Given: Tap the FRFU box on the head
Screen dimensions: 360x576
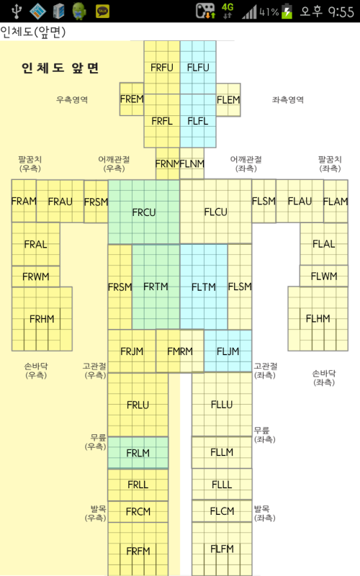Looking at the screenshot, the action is coord(161,67).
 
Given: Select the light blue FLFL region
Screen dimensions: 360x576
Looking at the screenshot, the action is coord(198,121).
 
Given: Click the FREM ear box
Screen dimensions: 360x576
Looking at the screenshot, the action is coord(132,99).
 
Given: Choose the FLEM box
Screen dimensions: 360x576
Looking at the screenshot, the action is coord(228,100).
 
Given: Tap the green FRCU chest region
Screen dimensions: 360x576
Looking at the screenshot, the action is coord(144,212).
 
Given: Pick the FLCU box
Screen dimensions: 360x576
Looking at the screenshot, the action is coord(215,212).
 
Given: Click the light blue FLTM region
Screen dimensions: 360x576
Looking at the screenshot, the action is coord(204,287).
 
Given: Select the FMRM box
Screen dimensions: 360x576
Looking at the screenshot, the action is coord(179,351).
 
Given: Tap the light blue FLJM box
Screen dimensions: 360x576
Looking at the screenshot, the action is coord(228,351).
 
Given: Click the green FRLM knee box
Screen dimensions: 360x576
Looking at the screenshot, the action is coord(138,453).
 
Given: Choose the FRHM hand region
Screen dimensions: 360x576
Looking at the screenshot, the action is coord(42,319).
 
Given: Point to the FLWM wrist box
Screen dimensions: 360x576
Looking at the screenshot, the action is coord(323,276).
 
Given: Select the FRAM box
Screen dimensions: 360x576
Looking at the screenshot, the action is coord(24,201).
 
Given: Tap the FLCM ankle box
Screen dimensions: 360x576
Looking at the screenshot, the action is coord(222,511).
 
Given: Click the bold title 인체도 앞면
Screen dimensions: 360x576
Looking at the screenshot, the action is coord(60,68).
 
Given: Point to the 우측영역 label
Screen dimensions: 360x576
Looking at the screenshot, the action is coord(72,99).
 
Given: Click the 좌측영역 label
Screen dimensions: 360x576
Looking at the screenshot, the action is coord(288,99).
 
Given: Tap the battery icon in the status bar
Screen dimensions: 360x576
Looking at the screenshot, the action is coord(287,12).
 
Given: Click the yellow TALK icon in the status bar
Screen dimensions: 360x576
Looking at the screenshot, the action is coord(102,12).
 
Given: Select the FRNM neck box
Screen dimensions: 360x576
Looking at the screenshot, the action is coord(168,163).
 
